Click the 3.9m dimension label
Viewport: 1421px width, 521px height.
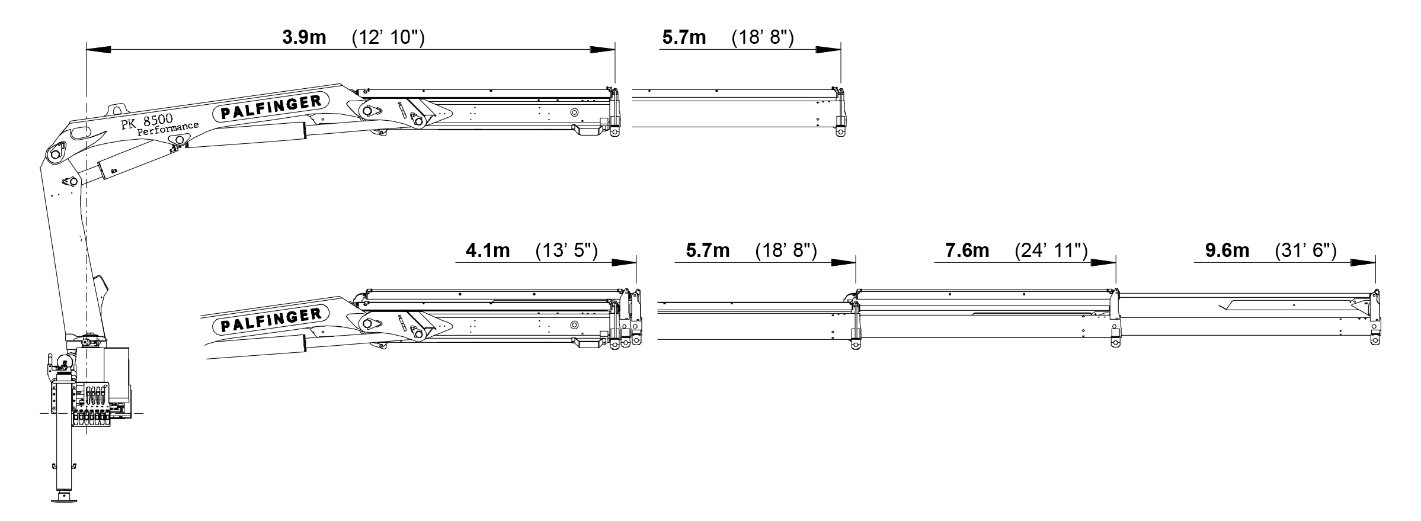click(303, 38)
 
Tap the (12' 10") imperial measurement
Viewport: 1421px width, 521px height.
click(388, 38)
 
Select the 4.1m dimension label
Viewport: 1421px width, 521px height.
click(487, 250)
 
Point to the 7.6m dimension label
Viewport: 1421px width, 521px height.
click(967, 250)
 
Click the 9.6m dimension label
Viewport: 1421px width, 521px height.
click(1227, 250)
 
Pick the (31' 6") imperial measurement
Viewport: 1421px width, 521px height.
click(1305, 250)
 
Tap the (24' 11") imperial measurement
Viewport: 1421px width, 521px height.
click(1051, 250)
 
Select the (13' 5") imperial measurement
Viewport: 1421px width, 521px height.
click(567, 250)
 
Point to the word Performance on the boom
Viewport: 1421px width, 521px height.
click(168, 129)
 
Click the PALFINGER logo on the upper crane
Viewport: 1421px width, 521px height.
click(271, 107)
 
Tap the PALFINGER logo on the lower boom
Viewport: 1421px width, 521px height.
click(271, 320)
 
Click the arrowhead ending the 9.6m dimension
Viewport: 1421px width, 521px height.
click(1362, 262)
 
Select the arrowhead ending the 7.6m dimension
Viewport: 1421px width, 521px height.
click(1103, 262)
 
